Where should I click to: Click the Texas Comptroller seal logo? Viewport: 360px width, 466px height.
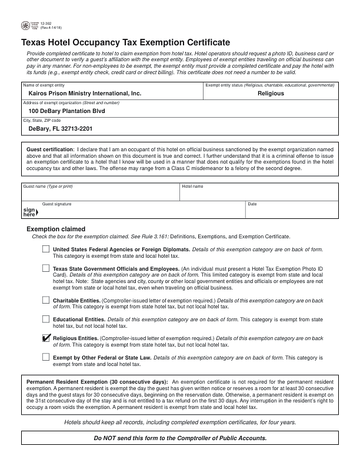25,26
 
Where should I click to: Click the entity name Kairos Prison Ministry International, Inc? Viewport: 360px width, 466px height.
85,94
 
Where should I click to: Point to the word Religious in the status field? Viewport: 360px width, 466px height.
271,94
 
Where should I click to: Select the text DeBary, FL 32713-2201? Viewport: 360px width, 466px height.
60,128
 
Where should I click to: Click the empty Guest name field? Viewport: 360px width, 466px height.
100,194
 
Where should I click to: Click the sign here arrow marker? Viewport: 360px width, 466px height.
29,212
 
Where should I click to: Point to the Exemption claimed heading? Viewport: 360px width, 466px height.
56,229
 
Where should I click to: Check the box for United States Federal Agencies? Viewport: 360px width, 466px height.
46,249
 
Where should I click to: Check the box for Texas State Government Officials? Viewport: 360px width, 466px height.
46,268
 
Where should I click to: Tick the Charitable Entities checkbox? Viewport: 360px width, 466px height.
46,300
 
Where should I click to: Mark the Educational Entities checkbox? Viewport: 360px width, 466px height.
46,319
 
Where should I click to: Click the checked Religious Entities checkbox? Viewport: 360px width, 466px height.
46,338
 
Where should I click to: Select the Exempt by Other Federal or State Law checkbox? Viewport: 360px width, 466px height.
46,357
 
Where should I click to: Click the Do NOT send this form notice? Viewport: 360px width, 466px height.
180,438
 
